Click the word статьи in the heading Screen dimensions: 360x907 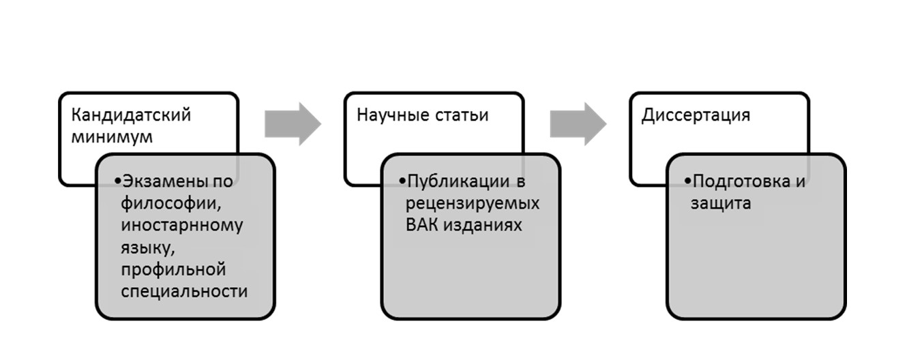[x=462, y=115]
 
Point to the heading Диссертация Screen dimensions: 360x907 [x=696, y=115]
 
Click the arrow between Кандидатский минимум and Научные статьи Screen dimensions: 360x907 [x=293, y=123]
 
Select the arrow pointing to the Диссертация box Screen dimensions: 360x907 [x=578, y=123]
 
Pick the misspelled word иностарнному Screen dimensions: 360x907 [x=181, y=226]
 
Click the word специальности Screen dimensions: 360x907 [x=183, y=291]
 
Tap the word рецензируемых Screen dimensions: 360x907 [x=473, y=204]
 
